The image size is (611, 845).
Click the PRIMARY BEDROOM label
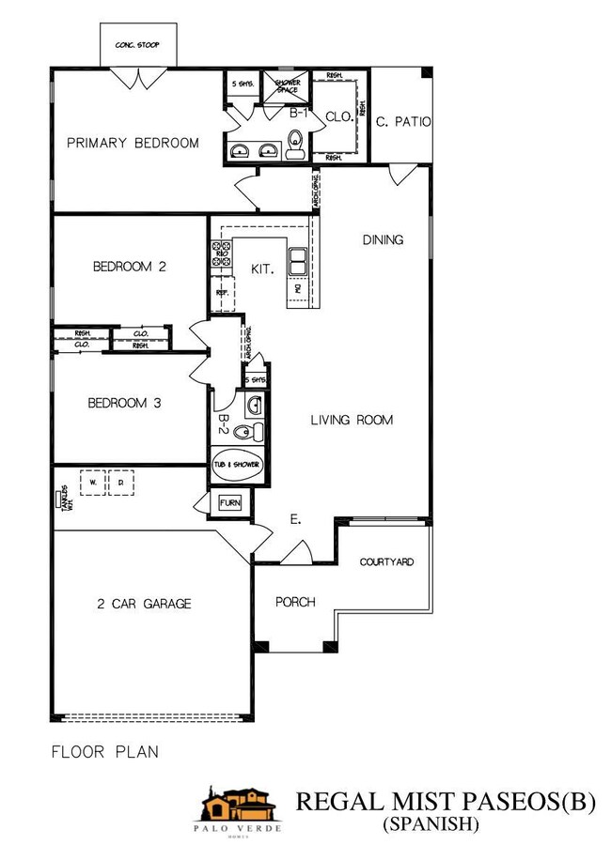133,144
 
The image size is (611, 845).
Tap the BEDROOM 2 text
129,267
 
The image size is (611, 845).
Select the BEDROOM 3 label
125,404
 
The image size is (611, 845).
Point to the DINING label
383,240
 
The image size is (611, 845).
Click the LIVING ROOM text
352,421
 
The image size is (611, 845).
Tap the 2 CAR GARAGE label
144,604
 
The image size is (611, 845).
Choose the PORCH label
295,603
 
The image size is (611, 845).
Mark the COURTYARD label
386,563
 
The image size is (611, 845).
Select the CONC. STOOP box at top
135,44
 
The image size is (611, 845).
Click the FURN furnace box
230,503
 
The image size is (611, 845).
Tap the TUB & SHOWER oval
235,465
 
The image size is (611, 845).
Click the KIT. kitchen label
261,269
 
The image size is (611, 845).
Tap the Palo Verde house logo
238,808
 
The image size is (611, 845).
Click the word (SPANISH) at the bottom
431,824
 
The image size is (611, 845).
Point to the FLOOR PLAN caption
104,751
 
